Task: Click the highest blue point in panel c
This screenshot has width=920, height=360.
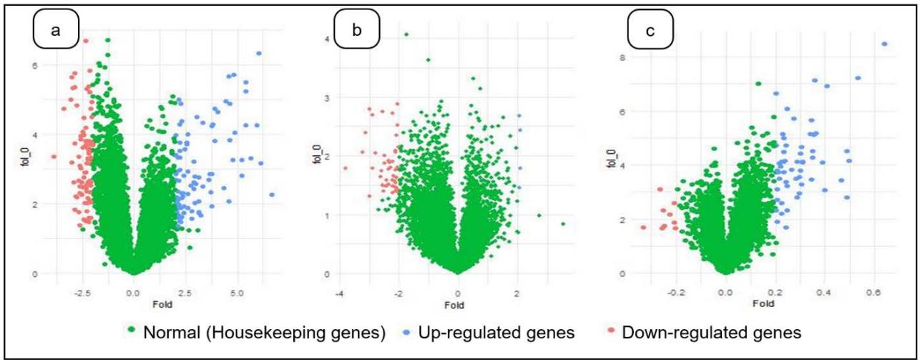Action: (x=884, y=44)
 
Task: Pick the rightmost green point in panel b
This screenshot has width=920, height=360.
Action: (x=564, y=224)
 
